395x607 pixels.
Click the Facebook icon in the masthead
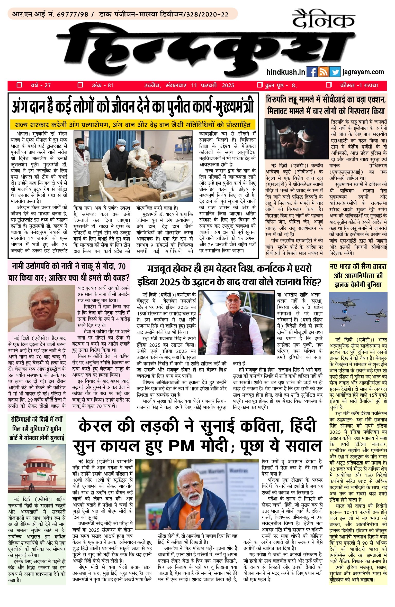[312, 72]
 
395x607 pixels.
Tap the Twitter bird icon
[335, 72]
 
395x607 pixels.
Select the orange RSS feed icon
[323, 72]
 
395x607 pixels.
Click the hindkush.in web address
[286, 72]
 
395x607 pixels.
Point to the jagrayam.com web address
[363, 72]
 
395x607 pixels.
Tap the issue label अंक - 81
[103, 85]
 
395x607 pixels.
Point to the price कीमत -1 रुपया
[359, 85]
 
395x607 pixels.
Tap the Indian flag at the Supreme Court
[41, 473]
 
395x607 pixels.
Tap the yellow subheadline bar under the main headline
[132, 125]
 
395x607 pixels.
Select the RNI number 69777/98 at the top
[73, 14]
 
